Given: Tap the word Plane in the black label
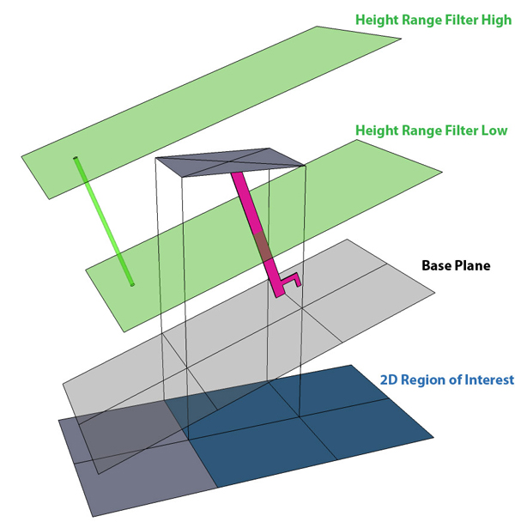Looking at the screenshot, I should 473,265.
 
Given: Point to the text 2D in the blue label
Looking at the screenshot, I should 390,379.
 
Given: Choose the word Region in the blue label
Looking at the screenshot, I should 425,379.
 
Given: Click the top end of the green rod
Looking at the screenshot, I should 76,159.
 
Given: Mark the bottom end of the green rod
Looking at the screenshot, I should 131,284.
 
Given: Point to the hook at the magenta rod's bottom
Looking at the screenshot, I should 291,280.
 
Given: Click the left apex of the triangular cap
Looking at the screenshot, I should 155,160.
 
